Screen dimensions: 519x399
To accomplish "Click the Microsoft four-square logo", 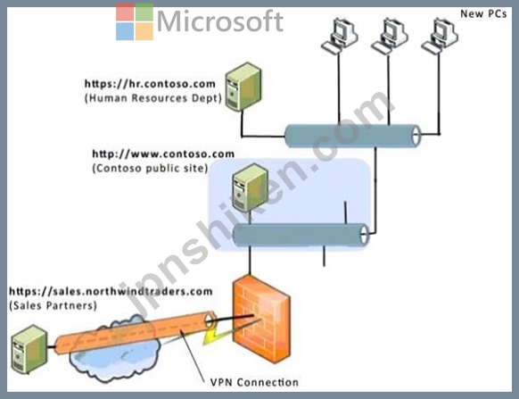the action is click(135, 21).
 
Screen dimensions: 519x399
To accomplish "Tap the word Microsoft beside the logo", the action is click(220, 21).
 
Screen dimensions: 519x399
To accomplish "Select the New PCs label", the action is click(483, 14).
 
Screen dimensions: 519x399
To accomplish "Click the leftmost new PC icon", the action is click(339, 36).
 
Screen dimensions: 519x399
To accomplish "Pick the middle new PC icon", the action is click(390, 36).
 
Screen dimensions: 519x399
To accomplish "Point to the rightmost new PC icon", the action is click(440, 36).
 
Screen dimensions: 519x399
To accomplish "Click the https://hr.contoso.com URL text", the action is click(150, 84).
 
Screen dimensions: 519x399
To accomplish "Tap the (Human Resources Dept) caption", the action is click(152, 98).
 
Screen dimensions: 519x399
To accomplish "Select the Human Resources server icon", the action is click(243, 87).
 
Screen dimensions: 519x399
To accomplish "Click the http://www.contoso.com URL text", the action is click(163, 154).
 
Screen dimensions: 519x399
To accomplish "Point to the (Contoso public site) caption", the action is click(150, 168).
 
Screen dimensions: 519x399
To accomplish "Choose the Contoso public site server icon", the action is click(251, 187).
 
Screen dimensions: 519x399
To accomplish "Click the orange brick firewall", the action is click(261, 319).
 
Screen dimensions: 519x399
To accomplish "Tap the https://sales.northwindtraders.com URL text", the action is click(111, 292).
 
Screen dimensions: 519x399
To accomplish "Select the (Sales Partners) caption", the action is click(53, 305).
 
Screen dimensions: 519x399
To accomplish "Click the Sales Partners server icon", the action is click(29, 349).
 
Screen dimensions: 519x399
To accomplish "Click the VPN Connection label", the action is click(254, 382).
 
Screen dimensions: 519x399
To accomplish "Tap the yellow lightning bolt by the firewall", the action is click(212, 336).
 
